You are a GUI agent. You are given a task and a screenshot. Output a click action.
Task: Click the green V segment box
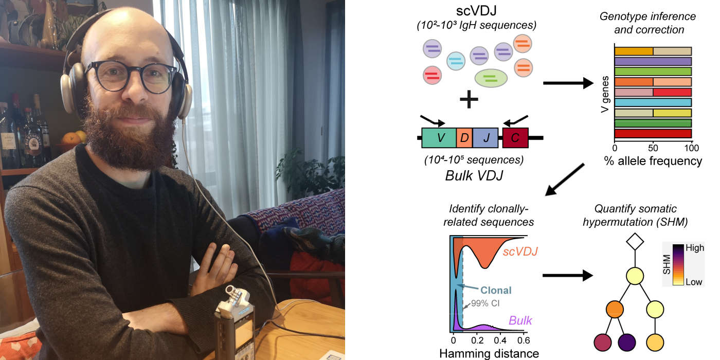tap(439, 138)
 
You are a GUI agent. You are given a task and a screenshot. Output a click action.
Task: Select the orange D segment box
tap(464, 138)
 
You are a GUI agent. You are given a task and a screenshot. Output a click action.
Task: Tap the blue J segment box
tap(485, 138)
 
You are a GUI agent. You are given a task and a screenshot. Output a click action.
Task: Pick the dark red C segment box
tap(515, 138)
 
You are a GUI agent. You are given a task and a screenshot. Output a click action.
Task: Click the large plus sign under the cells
tap(469, 99)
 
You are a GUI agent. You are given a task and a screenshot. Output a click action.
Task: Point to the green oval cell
tap(491, 78)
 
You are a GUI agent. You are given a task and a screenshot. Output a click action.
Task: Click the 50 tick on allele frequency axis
tap(653, 148)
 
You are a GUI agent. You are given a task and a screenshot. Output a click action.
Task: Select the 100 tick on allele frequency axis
tap(691, 148)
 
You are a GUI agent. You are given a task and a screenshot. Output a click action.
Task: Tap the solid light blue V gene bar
tap(653, 102)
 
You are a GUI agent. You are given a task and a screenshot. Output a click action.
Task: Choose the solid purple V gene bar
tap(653, 61)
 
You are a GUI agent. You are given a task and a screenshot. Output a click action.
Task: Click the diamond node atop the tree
tap(635, 241)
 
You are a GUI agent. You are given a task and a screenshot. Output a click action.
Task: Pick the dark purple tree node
tap(627, 343)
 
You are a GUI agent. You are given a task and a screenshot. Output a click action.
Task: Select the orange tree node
tap(615, 309)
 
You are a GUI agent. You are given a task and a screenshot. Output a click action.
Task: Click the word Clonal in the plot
tap(496, 290)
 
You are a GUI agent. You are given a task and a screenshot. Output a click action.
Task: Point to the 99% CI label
tap(485, 303)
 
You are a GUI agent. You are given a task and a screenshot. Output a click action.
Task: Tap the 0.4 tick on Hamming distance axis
tap(500, 340)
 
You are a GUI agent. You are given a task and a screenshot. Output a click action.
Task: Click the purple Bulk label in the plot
tap(520, 320)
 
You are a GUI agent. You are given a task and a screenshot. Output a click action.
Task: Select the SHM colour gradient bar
tap(678, 264)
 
